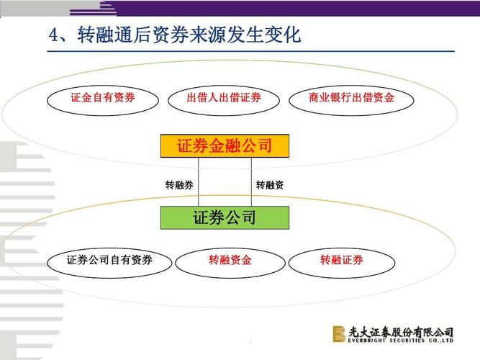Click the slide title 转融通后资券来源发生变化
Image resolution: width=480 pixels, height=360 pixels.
(189, 35)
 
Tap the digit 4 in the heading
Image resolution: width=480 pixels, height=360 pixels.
(54, 35)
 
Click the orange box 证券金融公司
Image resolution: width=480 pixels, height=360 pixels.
(225, 146)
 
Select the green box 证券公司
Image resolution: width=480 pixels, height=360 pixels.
(225, 217)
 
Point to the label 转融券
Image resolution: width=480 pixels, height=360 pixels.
(179, 185)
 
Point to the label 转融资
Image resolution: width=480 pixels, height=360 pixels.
(270, 185)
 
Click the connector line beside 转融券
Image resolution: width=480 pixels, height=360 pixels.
(199, 181)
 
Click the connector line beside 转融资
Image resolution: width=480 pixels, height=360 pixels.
(251, 181)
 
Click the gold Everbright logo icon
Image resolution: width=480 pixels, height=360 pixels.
(339, 333)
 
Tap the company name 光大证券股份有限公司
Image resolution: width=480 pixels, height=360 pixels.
(401, 332)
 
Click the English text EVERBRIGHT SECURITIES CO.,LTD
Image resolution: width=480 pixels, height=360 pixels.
(400, 341)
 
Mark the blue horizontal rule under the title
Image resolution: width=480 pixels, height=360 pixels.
(250, 51)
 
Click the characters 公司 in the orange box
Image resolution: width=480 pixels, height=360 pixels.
(256, 145)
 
